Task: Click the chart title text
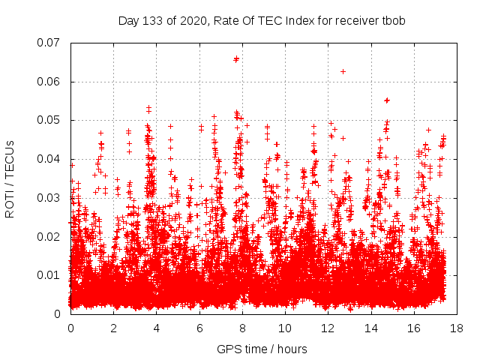262,20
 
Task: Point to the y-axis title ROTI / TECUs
10,178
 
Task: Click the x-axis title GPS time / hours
262,349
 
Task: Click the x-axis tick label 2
113,328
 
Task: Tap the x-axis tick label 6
199,328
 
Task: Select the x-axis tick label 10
285,328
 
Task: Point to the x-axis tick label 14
370,328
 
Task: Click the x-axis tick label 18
456,328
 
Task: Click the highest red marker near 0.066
236,58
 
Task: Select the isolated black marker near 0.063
343,71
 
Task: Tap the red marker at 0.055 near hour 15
387,100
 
